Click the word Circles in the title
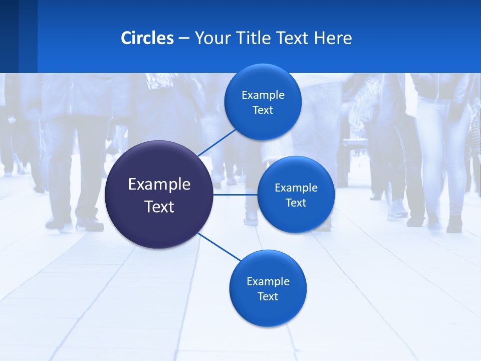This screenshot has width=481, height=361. coord(147,38)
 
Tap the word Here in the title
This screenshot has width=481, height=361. coord(333,38)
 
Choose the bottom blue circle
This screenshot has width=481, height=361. coord(268,311)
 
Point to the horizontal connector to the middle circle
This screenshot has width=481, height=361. coord(235,195)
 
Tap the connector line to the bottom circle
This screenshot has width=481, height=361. coord(219,247)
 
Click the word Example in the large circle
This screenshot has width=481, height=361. coord(159,185)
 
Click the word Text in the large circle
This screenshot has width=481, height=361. coord(159,207)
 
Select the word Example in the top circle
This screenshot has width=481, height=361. coord(263,95)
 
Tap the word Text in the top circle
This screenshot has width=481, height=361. coord(263,110)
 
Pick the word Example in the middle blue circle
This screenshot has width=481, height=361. coord(296,188)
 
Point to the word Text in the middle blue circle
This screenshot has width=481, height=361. coord(296,203)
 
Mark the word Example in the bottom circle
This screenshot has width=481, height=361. coord(268,282)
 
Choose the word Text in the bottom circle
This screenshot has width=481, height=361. coord(268,297)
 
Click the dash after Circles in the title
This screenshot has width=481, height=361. coord(184,39)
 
